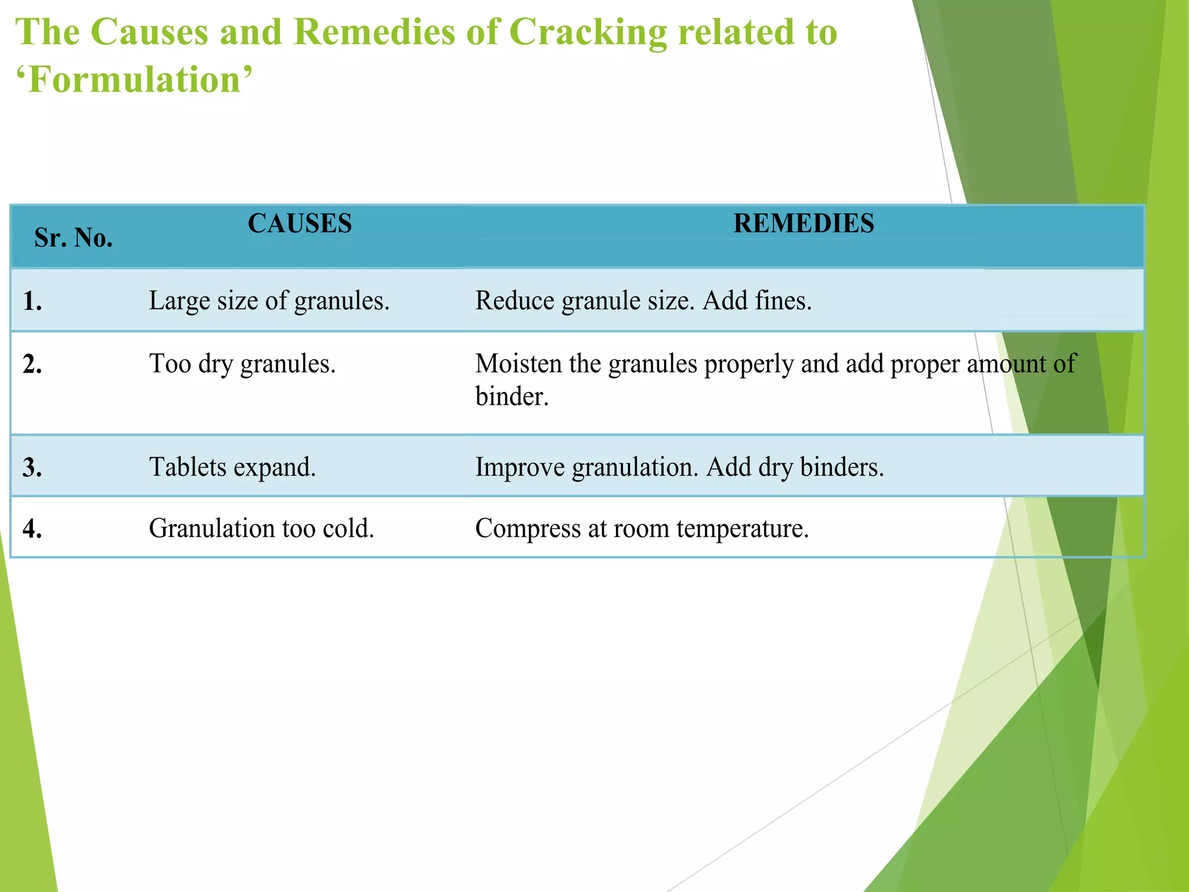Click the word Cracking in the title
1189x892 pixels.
coord(588,33)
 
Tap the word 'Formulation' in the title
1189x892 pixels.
coord(134,80)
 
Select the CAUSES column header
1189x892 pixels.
coord(300,224)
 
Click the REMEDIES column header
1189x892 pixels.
coord(804,224)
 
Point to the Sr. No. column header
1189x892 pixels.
coord(73,238)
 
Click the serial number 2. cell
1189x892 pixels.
coord(33,365)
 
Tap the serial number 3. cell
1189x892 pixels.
coord(33,468)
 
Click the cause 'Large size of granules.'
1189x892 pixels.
coord(269,301)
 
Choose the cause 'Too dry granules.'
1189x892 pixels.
coord(242,364)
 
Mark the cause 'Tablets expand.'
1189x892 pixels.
coord(232,467)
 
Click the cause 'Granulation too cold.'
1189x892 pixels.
coord(261,529)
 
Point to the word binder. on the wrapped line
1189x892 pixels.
coord(511,397)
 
